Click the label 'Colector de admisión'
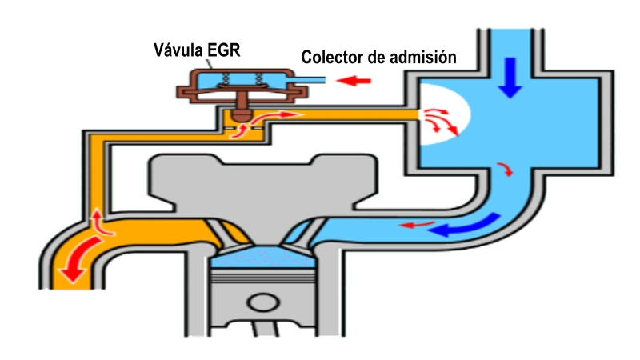(378, 58)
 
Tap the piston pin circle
(262, 305)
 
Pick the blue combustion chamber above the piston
(261, 258)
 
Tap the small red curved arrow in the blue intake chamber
(506, 169)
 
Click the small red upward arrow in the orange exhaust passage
(97, 222)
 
